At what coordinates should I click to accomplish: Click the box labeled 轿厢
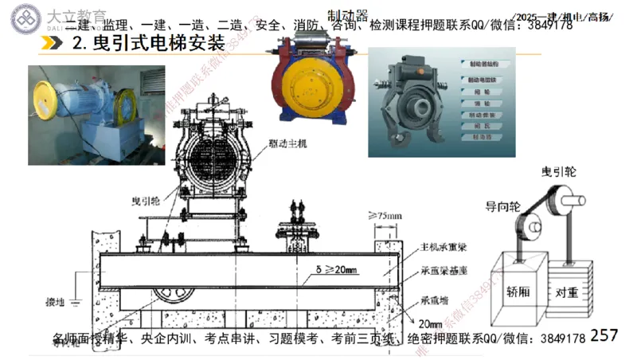[x=518, y=291]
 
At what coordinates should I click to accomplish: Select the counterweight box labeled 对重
[x=572, y=291]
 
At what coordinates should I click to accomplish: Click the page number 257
[x=604, y=336]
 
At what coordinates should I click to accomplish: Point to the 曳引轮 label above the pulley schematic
[x=559, y=171]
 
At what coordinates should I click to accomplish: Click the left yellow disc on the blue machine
[x=294, y=80]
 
